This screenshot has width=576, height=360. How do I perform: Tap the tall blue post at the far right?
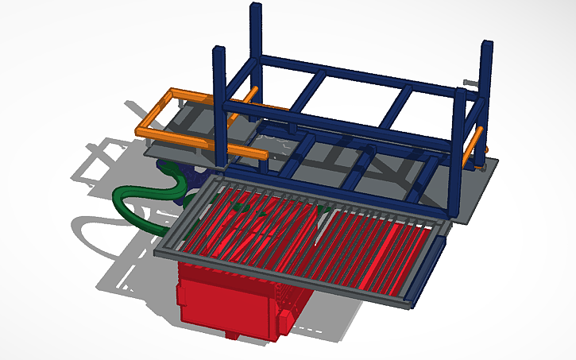click(x=485, y=79)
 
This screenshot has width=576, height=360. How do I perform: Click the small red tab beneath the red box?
click(x=233, y=335)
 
